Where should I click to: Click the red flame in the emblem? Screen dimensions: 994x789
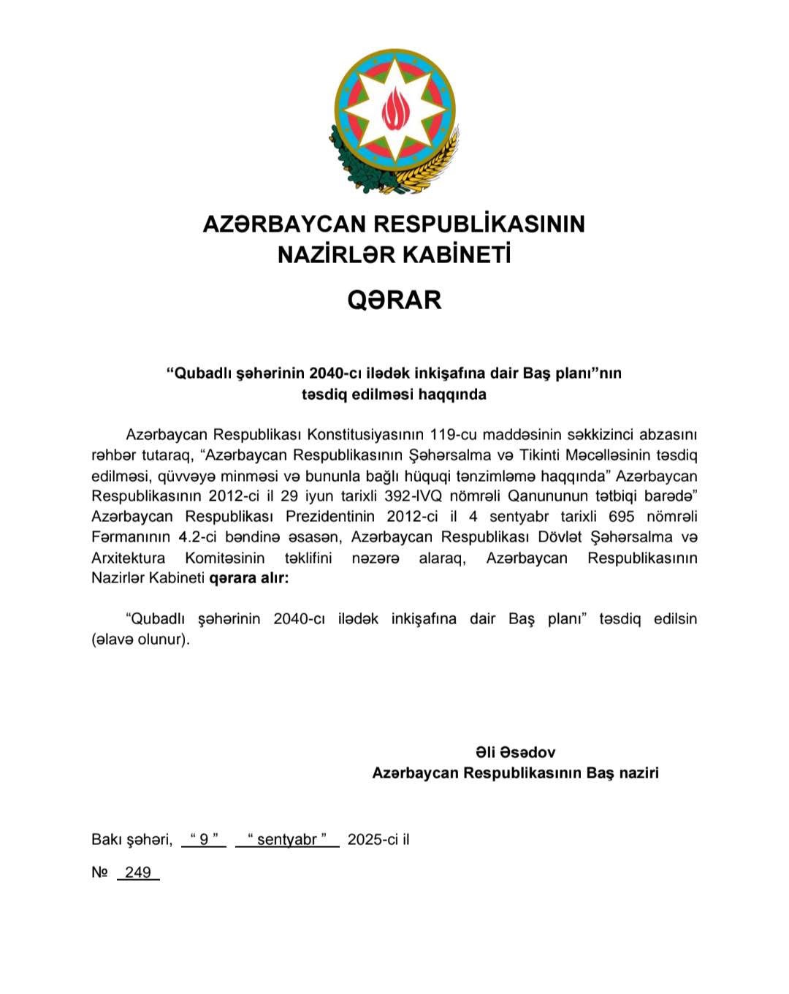pyautogui.click(x=394, y=110)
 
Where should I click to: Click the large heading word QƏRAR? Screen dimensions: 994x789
pyautogui.click(x=394, y=300)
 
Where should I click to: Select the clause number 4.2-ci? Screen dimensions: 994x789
pyautogui.click(x=202, y=537)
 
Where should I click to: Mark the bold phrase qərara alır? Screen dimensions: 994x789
pyautogui.click(x=249, y=579)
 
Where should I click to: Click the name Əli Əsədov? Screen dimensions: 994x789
pyautogui.click(x=515, y=752)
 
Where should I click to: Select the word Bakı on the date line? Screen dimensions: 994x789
pyautogui.click(x=107, y=839)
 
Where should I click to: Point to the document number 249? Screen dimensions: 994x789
pyautogui.click(x=138, y=872)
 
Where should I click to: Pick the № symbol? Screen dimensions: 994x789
pyautogui.click(x=100, y=872)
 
